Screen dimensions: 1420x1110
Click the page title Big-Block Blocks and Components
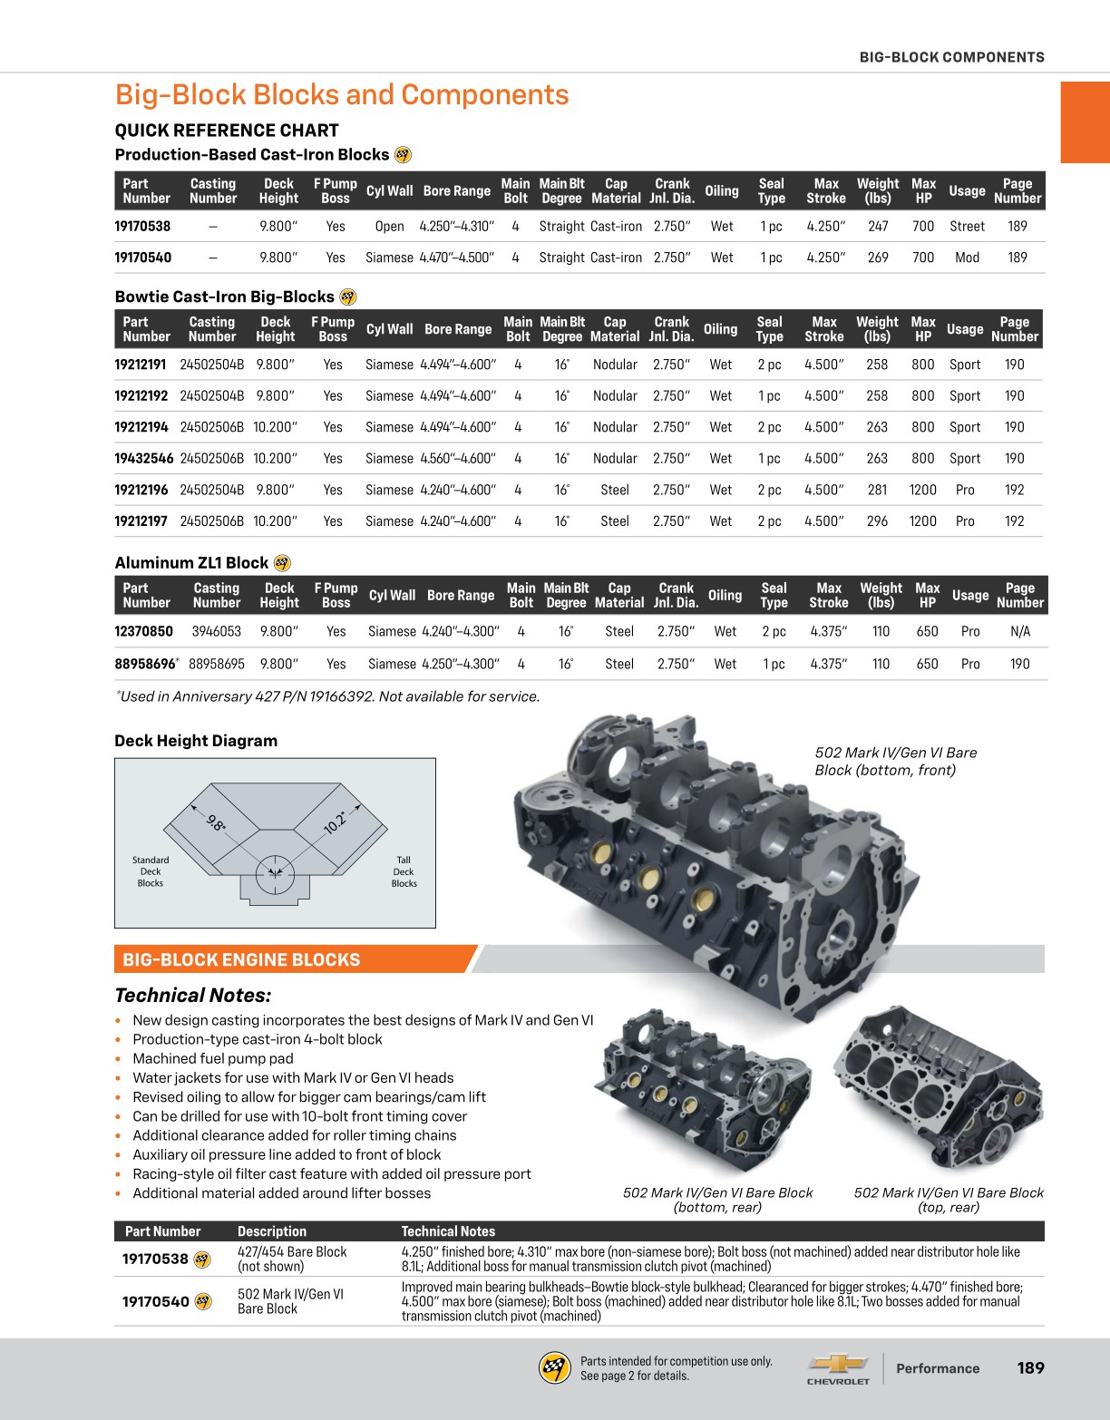342,95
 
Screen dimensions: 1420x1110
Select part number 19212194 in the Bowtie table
141,427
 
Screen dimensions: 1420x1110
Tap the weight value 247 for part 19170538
878,227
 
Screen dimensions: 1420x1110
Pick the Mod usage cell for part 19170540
967,258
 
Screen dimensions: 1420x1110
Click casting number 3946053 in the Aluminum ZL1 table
217,631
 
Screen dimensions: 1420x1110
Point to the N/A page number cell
1020,631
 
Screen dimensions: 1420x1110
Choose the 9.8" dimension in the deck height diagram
216,823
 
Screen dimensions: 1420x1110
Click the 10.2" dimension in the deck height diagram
336,822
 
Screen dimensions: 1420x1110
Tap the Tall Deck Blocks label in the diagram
404,871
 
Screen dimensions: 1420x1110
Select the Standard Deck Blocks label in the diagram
151,871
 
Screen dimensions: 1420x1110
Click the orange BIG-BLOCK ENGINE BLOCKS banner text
241,959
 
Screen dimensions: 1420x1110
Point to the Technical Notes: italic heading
193,996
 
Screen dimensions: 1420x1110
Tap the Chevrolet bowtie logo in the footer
838,1364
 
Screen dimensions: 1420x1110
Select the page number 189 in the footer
1031,1368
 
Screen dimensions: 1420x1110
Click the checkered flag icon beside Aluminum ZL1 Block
282,563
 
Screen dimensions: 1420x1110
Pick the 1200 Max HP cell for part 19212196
922,490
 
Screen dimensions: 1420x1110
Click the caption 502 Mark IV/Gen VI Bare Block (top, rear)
949,1200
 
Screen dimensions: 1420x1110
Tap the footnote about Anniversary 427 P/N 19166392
327,696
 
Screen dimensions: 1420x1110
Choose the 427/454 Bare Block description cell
292,1259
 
